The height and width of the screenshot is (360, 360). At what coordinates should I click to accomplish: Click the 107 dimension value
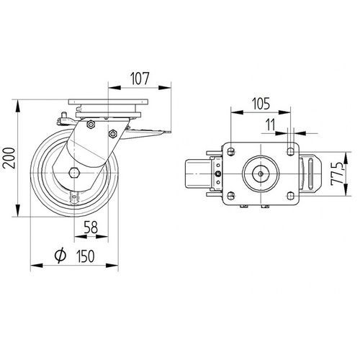pyautogui.click(x=140, y=78)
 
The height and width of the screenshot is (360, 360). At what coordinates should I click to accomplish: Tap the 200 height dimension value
pyautogui.click(x=9, y=158)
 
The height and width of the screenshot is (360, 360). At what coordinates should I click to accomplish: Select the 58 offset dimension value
pyautogui.click(x=91, y=228)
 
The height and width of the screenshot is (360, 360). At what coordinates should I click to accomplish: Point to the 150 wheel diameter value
pyautogui.click(x=86, y=256)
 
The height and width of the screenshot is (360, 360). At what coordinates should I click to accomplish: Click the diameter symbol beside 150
pyautogui.click(x=60, y=255)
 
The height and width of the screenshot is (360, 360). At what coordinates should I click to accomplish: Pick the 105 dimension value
pyautogui.click(x=261, y=104)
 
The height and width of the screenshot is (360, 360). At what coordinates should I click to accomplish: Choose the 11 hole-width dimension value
pyautogui.click(x=270, y=125)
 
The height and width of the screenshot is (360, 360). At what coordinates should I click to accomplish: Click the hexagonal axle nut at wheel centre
pyautogui.click(x=74, y=173)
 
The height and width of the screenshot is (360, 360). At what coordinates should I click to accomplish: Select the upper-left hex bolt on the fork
pyautogui.click(x=91, y=125)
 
